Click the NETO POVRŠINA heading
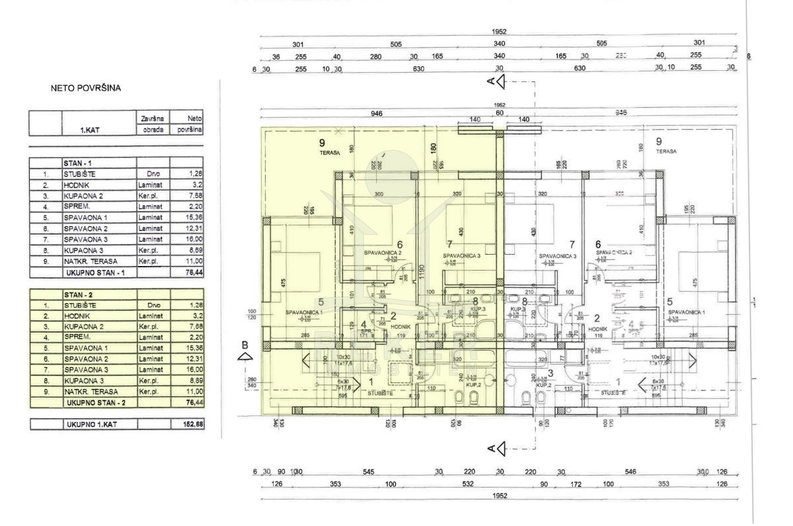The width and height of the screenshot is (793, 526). point(86,87)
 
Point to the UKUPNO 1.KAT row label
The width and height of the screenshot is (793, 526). point(91,423)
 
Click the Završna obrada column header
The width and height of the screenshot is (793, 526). point(153,124)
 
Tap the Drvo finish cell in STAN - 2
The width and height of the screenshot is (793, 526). point(151,305)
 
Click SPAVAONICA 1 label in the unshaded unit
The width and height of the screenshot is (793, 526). point(686,312)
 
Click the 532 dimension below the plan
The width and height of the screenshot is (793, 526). point(468,484)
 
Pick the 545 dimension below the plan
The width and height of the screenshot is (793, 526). point(368,472)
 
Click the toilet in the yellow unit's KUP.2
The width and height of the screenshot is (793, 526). point(473,397)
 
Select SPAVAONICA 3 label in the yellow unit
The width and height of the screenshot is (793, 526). point(460,255)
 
